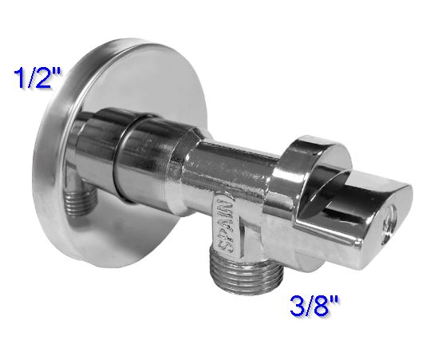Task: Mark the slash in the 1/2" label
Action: (31, 80)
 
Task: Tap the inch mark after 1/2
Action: (60, 73)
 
